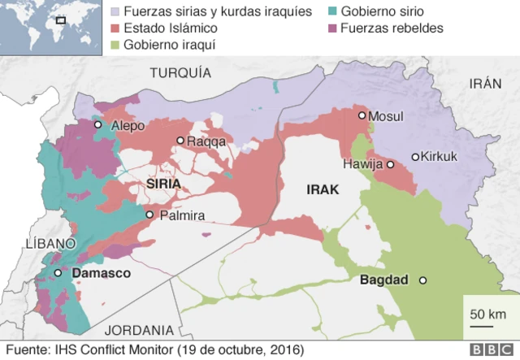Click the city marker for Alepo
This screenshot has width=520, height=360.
tap(97, 125)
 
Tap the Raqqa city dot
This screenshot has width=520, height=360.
tap(180, 141)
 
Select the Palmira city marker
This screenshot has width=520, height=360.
tap(149, 215)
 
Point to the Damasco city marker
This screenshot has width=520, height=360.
tap(58, 274)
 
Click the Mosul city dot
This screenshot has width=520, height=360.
tap(362, 115)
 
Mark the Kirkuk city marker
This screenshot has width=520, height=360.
tap(414, 157)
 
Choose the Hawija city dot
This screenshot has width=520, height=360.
tap(390, 164)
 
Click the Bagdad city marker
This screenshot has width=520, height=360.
tap(422, 280)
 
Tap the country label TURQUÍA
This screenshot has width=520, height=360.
tap(180, 73)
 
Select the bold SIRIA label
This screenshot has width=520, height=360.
tap(162, 184)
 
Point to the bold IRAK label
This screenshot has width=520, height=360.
tap(322, 189)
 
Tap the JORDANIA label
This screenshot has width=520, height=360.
tap(140, 330)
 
